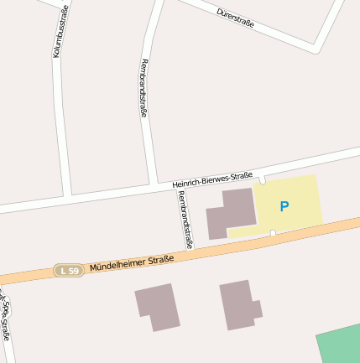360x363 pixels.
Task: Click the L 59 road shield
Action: click(69, 270)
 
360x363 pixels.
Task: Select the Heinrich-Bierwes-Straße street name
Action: click(212, 179)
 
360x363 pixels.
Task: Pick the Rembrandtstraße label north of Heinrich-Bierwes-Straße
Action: click(143, 87)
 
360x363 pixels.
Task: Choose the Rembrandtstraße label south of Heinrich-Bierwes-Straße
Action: click(185, 219)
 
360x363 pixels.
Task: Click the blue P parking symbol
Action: click(284, 205)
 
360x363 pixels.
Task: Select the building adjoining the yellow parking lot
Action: click(230, 213)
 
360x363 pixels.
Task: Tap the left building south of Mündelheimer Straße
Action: click(157, 306)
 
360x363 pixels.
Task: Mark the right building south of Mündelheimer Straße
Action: click(239, 304)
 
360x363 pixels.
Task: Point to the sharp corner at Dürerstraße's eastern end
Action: click(316, 48)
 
